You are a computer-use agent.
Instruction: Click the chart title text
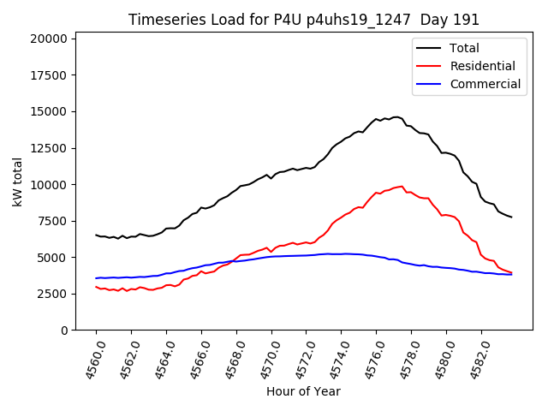click(304, 20)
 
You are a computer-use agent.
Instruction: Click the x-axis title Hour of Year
click(303, 391)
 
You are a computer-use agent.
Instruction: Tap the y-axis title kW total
click(17, 182)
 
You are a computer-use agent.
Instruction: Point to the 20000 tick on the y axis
click(46, 39)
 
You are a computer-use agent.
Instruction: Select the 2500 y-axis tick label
click(50, 294)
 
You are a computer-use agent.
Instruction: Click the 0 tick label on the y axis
click(64, 331)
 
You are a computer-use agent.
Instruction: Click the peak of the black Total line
click(396, 116)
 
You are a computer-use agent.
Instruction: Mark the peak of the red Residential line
click(402, 186)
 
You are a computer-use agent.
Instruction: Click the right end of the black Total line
click(512, 217)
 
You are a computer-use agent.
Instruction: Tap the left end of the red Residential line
click(96, 287)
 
